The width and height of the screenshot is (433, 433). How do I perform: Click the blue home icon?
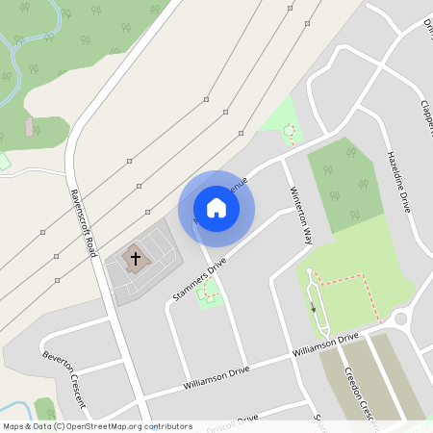click(x=216, y=209)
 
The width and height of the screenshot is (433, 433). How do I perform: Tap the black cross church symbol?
click(x=136, y=258)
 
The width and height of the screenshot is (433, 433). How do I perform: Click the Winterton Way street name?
click(x=300, y=217)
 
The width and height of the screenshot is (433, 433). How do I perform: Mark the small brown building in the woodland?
click(x=30, y=126)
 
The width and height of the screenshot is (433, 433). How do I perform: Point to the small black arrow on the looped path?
click(x=313, y=308)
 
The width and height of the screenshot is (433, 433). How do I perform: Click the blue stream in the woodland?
click(x=38, y=38)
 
